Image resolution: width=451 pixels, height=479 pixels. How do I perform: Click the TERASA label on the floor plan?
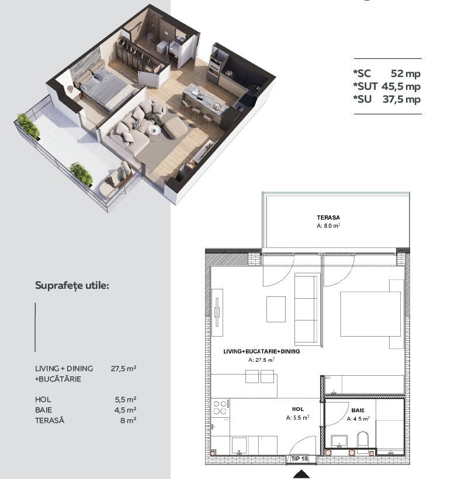pos(328,218)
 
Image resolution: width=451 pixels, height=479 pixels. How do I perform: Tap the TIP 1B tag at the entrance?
pos(299,459)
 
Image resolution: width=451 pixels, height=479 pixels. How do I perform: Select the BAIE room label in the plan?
pos(358,410)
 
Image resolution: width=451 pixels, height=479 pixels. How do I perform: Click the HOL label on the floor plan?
pos(298,409)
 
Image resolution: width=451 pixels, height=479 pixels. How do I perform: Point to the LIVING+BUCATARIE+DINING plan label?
pos(262,351)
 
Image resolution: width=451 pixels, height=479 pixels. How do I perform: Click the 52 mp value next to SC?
pos(405,74)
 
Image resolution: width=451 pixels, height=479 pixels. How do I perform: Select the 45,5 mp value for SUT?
pos(401,86)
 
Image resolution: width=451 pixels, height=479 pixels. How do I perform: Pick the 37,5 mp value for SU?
pos(401,99)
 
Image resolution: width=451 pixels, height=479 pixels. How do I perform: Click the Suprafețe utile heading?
pos(72,286)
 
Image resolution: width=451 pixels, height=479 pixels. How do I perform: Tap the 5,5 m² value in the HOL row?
pos(126,399)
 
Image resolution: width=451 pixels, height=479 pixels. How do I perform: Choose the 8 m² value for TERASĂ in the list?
pos(128,420)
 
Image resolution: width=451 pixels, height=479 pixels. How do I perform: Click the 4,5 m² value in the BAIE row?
pos(126,410)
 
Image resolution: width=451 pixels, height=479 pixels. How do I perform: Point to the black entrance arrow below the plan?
pos(301,474)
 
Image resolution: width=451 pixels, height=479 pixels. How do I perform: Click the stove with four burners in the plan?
pos(220,407)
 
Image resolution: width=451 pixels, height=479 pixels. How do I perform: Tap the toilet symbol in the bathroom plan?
pos(363,440)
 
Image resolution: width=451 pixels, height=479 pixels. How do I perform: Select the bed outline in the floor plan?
pos(370,314)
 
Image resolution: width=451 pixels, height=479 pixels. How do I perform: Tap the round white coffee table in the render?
pos(155,131)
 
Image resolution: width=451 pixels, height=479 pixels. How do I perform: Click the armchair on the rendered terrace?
pos(116,182)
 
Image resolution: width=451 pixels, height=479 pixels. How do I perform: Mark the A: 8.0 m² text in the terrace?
pos(328,226)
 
